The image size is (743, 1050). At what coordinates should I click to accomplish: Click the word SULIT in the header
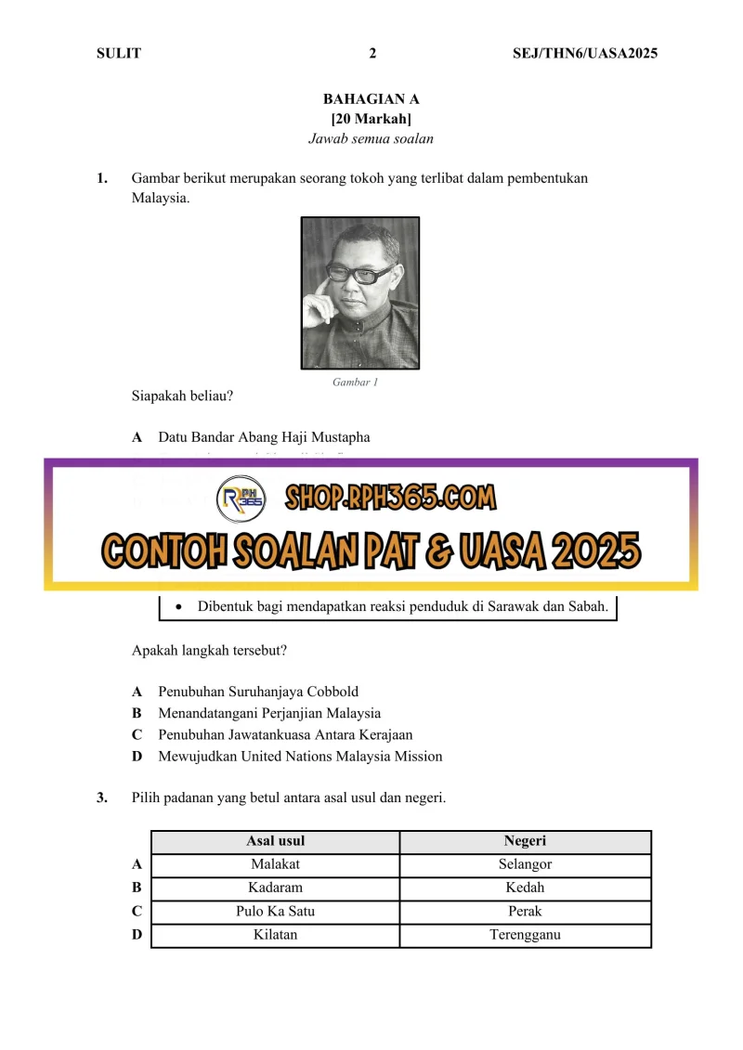pyautogui.click(x=119, y=53)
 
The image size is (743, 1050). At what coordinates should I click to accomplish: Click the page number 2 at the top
pyautogui.click(x=372, y=53)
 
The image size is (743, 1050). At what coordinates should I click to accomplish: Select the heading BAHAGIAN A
pyautogui.click(x=371, y=98)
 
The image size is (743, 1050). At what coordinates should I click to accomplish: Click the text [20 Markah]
pyautogui.click(x=371, y=119)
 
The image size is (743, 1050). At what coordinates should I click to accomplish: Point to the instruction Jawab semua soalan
pyautogui.click(x=371, y=139)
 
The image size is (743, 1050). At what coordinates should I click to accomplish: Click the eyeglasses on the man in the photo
pyautogui.click(x=360, y=274)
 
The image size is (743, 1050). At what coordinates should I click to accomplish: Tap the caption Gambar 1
pyautogui.click(x=356, y=382)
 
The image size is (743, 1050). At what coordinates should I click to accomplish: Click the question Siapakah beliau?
pyautogui.click(x=182, y=396)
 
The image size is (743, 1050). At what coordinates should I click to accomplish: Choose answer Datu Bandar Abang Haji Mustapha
pyautogui.click(x=264, y=436)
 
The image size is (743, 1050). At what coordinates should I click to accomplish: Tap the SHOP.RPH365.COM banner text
pyautogui.click(x=390, y=499)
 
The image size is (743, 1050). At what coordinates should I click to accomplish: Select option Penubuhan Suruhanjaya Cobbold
pyautogui.click(x=258, y=692)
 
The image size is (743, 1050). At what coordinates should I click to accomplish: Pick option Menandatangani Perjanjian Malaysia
pyautogui.click(x=269, y=713)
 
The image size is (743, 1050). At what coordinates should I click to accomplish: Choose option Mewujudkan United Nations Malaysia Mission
pyautogui.click(x=300, y=756)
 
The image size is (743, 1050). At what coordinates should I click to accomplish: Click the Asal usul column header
pyautogui.click(x=275, y=841)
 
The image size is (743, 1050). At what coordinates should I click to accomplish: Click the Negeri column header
pyautogui.click(x=525, y=841)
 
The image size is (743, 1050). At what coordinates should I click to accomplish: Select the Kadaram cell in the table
pyautogui.click(x=275, y=888)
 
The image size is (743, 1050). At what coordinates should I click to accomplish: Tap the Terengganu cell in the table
pyautogui.click(x=525, y=935)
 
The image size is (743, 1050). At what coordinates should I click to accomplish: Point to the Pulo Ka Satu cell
pyautogui.click(x=275, y=912)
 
